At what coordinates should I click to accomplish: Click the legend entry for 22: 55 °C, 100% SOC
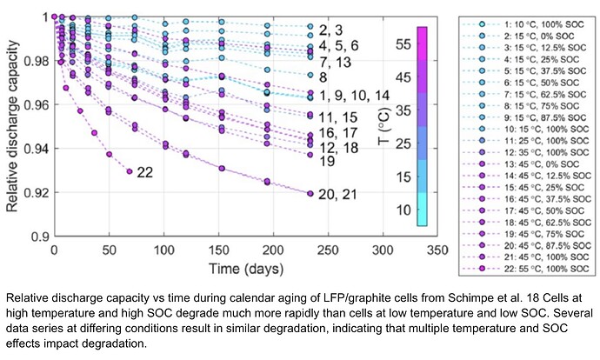tap(526, 269)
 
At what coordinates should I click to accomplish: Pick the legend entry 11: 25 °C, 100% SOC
tap(526, 141)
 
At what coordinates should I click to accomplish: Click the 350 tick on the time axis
tap(437, 250)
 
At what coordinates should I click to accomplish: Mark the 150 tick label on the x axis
tap(218, 250)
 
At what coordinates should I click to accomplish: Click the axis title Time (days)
tap(246, 269)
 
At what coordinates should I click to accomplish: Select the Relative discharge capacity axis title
tap(12, 126)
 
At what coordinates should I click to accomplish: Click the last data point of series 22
tap(130, 171)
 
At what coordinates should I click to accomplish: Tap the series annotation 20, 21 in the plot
tap(337, 194)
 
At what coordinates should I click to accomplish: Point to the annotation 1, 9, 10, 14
tap(354, 96)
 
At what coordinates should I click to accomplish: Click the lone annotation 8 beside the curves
tap(323, 77)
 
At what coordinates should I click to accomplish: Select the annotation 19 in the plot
tap(327, 161)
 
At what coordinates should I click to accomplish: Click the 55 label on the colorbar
tap(403, 44)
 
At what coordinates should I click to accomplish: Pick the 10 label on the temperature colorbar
tap(403, 210)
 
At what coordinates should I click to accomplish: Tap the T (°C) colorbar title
tap(384, 127)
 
